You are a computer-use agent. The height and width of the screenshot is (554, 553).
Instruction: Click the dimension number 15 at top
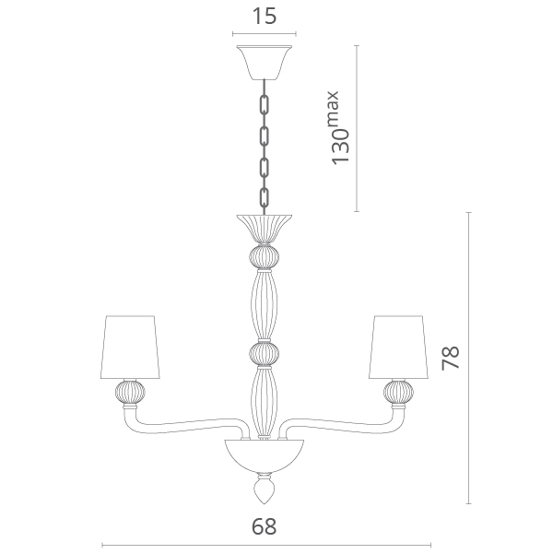coord(264,17)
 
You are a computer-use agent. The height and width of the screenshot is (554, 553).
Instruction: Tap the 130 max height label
coord(339,128)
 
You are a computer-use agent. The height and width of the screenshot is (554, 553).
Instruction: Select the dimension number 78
coord(451,358)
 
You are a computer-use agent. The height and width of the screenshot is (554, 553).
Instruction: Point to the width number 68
coord(264,526)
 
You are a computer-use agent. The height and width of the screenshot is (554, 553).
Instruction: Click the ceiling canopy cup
coord(265,62)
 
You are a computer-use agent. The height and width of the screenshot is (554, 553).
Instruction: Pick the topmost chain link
coord(265,104)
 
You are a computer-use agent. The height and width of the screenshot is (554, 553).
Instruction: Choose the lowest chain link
coord(265,197)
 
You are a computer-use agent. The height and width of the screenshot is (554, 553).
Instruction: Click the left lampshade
coord(130,347)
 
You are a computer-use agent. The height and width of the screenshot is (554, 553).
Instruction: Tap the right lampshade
coord(398,347)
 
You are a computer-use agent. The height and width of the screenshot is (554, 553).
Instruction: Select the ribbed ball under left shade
coord(130,392)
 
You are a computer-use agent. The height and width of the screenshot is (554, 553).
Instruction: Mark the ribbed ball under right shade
coord(398,392)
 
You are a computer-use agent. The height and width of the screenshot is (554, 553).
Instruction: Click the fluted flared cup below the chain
coord(265,229)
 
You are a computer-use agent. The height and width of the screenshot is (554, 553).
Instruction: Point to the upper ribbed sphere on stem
coord(265,257)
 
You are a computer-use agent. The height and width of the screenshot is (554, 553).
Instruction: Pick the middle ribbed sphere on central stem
coord(265,353)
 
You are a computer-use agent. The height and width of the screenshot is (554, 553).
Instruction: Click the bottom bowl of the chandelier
coord(265,455)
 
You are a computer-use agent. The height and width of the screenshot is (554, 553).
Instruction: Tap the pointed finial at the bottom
coord(265,489)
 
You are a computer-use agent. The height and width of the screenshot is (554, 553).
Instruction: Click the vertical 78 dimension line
coord(469,358)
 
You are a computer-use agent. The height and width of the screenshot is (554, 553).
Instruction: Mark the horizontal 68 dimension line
coord(266,545)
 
